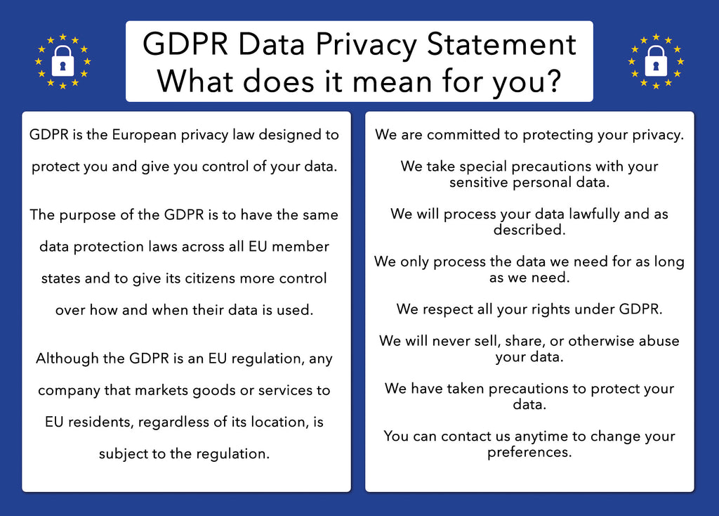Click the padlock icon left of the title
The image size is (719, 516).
(62, 63)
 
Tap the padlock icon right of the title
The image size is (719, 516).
(656, 63)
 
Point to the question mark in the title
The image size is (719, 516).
(553, 80)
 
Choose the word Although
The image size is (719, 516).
(66, 359)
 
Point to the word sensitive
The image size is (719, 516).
(477, 183)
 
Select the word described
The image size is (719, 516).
(529, 230)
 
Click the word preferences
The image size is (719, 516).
(529, 452)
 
